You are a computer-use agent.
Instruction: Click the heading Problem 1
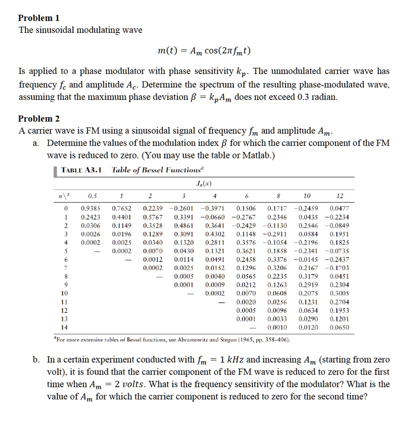(x=39, y=18)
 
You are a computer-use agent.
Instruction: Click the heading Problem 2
(x=39, y=119)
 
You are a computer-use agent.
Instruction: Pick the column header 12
(x=339, y=195)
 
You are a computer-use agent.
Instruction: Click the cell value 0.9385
(x=90, y=209)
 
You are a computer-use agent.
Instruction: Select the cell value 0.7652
(x=121, y=209)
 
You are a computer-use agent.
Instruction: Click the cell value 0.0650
(x=339, y=327)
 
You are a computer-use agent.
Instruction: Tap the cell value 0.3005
(x=339, y=293)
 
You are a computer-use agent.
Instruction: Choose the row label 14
(x=65, y=327)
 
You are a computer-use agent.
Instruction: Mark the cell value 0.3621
(x=246, y=251)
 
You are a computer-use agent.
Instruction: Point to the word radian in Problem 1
(x=322, y=97)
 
